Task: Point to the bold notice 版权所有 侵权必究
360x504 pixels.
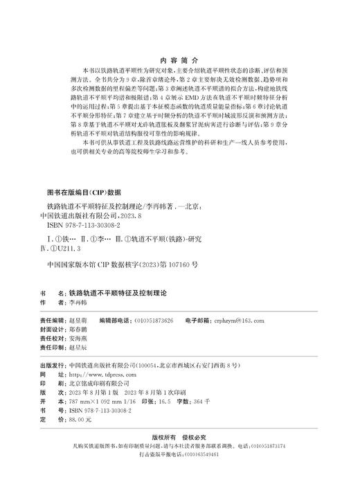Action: point(179,438)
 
